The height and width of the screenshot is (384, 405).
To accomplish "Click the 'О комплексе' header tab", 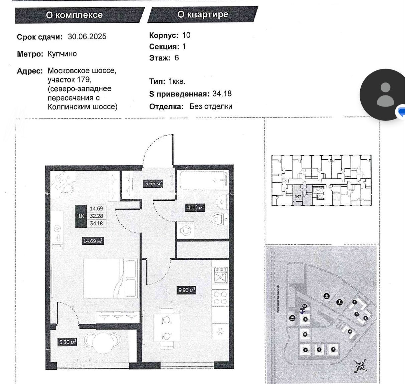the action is tap(74, 15).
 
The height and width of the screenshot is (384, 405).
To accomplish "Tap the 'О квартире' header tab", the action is tap(203, 14).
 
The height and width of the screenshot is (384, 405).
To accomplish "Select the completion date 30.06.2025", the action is tap(87, 37).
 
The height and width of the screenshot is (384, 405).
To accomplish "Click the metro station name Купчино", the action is tap(62, 54).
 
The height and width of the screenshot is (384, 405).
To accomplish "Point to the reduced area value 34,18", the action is tap(222, 94).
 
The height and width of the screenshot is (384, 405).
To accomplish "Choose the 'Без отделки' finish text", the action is tap(211, 107).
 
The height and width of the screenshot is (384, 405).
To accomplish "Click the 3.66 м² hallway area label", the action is tap(153, 183).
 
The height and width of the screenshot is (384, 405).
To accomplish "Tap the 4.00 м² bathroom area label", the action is tap(195, 208).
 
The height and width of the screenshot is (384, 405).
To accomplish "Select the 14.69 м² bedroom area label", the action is tap(93, 241).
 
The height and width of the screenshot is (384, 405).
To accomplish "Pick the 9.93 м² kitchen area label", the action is tap(187, 290).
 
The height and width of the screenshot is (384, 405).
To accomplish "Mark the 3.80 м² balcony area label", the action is tap(68, 342).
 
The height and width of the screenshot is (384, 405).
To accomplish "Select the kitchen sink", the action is tap(220, 274).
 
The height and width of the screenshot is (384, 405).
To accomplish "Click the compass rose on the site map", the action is tap(360, 365).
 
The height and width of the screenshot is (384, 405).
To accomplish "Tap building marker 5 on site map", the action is tap(333, 349).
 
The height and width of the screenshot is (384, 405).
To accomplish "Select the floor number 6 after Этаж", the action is tap(177, 58).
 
